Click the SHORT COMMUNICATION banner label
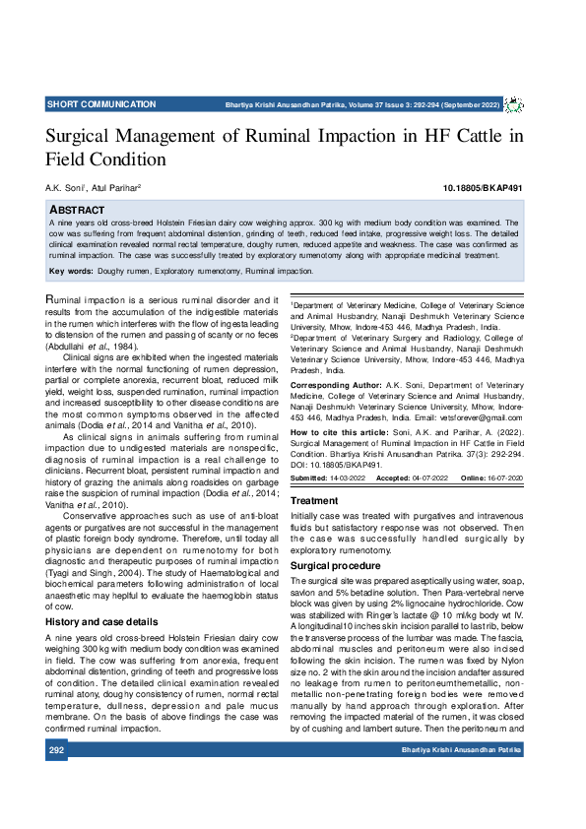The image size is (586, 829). point(101,104)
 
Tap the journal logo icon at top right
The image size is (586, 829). point(514,104)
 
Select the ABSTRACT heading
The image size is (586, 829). point(80,211)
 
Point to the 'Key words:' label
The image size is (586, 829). point(70,271)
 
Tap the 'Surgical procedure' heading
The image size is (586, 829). point(336,567)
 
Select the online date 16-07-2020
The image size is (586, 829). point(504,478)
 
